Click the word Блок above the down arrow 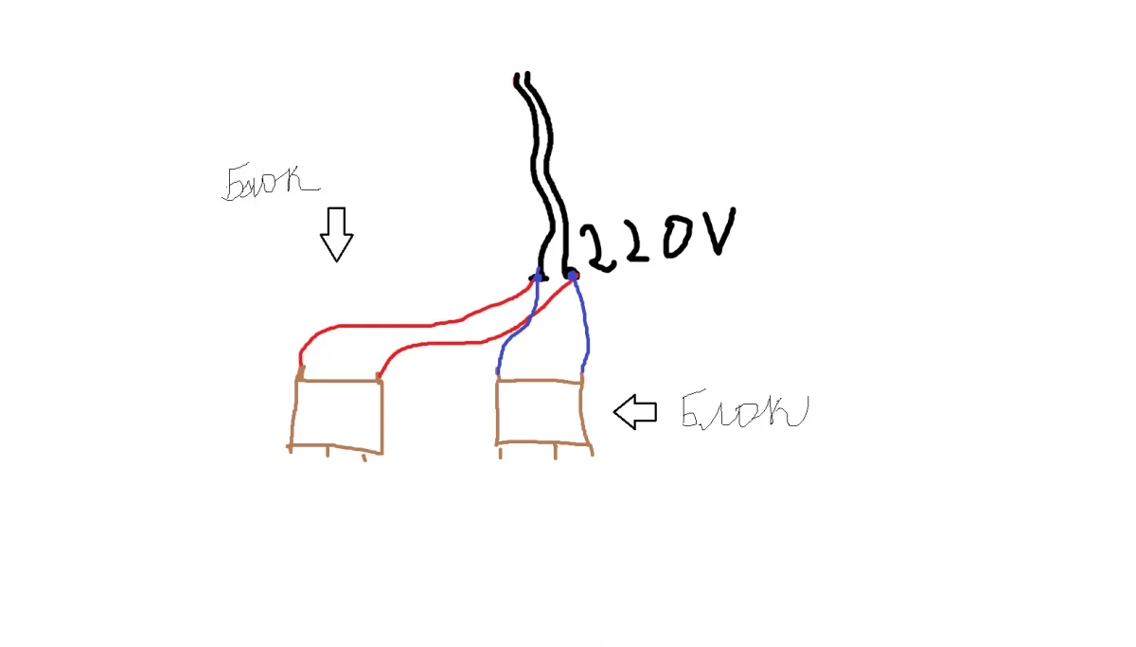[270, 182]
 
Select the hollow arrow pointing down [336, 234]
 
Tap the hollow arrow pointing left [635, 412]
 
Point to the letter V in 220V [716, 231]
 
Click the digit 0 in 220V [677, 237]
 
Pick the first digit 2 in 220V [599, 248]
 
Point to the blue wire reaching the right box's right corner [586, 325]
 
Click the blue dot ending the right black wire [573, 276]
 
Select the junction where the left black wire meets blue [539, 276]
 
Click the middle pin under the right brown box [556, 452]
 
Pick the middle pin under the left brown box [328, 451]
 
